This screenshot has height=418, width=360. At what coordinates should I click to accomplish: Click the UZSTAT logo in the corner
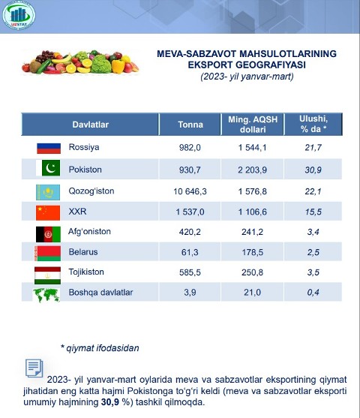pyautogui.click(x=19, y=15)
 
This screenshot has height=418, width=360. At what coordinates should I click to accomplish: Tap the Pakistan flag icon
pyautogui.click(x=48, y=168)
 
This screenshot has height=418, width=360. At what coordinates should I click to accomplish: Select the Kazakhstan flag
pyautogui.click(x=48, y=192)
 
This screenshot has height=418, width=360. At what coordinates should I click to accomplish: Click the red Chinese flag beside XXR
pyautogui.click(x=48, y=212)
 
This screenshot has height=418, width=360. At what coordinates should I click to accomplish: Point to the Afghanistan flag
pyautogui.click(x=48, y=234)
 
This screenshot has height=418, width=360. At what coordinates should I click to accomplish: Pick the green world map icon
pyautogui.click(x=46, y=295)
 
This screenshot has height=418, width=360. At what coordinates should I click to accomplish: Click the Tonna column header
pyautogui.click(x=190, y=125)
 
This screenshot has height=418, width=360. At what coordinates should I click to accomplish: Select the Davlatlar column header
pyautogui.click(x=90, y=125)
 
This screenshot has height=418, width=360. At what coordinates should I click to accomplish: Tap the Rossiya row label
pyautogui.click(x=84, y=147)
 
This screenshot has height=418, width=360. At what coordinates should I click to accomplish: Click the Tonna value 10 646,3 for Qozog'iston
pyautogui.click(x=190, y=191)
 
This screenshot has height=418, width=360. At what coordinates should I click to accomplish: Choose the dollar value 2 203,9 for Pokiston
pyautogui.click(x=252, y=170)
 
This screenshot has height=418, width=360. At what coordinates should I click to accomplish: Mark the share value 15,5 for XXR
pyautogui.click(x=313, y=212)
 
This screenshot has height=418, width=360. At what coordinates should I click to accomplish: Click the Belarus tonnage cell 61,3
pyautogui.click(x=190, y=252)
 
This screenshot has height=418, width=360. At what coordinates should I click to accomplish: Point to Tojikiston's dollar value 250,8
pyautogui.click(x=252, y=272)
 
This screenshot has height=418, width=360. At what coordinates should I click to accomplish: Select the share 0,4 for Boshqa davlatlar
pyautogui.click(x=313, y=293)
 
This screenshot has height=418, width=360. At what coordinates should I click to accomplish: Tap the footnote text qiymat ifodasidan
pyautogui.click(x=103, y=348)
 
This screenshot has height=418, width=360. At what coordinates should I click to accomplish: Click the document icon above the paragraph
pyautogui.click(x=34, y=368)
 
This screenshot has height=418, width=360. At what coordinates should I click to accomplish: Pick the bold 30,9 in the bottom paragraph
pyautogui.click(x=110, y=402)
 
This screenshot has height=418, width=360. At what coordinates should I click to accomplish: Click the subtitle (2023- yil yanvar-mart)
pyautogui.click(x=247, y=77)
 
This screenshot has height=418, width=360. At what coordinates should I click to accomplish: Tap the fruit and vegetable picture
pyautogui.click(x=80, y=62)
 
